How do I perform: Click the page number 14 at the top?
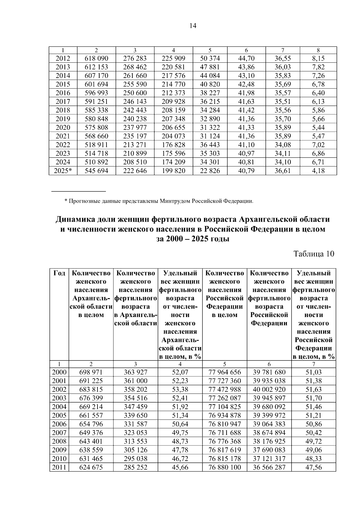tap(193, 26)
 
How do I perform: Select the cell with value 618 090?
tap(96, 58)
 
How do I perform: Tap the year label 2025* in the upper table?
tap(63, 171)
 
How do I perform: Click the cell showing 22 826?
tap(210, 171)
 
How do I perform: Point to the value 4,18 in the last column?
tap(318, 171)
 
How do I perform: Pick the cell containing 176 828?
tap(173, 145)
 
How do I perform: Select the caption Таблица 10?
tap(314, 254)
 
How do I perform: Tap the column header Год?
tap(59, 273)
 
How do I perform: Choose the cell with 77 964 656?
tap(225, 372)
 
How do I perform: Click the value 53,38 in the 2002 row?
tap(180, 390)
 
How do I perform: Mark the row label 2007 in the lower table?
tap(59, 433)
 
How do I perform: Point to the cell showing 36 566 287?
tap(269, 467)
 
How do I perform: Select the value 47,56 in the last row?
tap(313, 467)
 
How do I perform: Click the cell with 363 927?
tap(136, 372)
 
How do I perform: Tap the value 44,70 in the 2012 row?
tap(246, 58)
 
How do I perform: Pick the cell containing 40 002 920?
tap(269, 390)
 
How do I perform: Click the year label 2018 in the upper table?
tap(63, 110)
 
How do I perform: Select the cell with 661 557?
tap(91, 415)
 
